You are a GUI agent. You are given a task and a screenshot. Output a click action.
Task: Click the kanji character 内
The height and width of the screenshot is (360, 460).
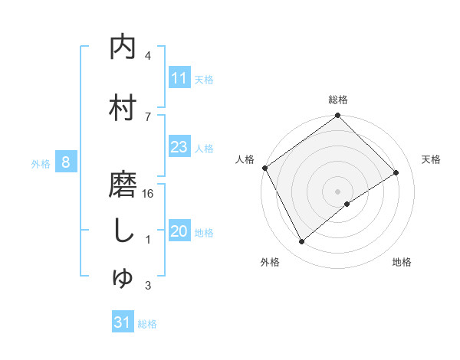point(123,47)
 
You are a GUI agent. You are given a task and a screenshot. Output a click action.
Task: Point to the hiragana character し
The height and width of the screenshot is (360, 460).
point(123,231)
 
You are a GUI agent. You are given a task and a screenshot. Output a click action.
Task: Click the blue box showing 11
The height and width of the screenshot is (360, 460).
point(179,78)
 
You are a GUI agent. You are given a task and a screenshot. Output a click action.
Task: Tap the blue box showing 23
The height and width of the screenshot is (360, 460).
point(179,147)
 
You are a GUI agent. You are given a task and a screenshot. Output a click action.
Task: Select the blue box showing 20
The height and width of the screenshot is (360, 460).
point(179,232)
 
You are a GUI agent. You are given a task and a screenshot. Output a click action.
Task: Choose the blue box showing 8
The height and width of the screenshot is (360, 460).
point(67,162)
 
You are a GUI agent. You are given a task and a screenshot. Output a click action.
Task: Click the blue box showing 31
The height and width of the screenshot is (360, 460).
point(123,323)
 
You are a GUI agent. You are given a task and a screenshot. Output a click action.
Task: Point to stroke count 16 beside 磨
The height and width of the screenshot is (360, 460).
point(148,194)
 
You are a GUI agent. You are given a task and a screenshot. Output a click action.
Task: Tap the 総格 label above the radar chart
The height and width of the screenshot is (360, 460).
point(338,100)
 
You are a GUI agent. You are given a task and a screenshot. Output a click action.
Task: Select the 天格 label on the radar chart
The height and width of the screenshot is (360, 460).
point(432,159)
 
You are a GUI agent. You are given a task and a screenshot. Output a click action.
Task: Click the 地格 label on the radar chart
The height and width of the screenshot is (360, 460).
point(402,262)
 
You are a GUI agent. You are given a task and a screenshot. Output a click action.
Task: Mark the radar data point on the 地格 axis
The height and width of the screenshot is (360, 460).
point(347,204)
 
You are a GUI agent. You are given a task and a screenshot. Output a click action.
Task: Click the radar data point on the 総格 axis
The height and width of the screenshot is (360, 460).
point(337,116)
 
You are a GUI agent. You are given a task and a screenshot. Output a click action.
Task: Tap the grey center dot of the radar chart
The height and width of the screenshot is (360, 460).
point(337,191)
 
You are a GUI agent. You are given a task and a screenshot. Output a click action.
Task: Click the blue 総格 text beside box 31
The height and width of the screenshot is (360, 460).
point(147,324)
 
